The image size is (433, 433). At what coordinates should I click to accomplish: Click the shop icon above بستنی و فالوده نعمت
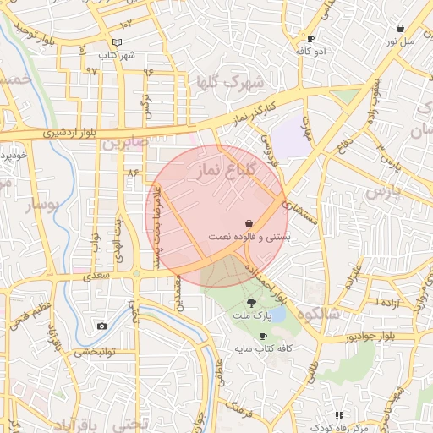[x=248, y=223]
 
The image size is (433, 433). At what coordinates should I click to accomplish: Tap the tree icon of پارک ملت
[x=252, y=302]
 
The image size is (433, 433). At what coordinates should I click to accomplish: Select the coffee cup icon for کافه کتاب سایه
[x=263, y=336]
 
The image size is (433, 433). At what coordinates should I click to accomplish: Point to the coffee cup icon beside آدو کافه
[x=310, y=39]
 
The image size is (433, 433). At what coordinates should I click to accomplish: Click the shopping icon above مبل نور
[x=400, y=28]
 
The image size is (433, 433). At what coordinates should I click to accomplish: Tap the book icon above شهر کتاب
[x=117, y=42]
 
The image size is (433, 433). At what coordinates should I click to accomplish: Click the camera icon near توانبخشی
[x=102, y=326]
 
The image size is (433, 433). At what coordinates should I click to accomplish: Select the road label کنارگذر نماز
[x=254, y=113]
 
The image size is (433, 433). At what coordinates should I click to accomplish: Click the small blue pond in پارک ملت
[x=278, y=315]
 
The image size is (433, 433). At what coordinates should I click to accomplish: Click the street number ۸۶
[x=133, y=172]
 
